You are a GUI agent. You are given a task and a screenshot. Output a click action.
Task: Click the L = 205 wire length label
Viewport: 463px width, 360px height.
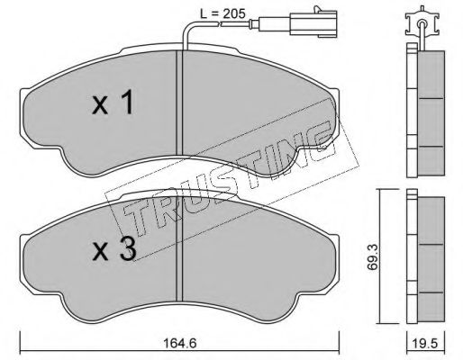[x=223, y=13]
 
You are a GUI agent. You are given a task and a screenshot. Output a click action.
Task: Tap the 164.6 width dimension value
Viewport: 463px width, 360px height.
[x=180, y=343]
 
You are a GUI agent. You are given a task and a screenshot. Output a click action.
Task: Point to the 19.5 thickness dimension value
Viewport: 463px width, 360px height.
[x=425, y=343]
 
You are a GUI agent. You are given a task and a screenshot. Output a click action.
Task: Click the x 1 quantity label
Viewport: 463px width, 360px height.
[x=113, y=103]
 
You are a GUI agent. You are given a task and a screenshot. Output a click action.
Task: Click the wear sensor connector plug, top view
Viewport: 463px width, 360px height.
[x=313, y=23]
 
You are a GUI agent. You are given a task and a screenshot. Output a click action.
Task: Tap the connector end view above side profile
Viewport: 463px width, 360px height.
[x=422, y=24]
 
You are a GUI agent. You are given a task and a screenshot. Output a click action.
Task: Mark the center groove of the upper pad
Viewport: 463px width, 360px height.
[x=179, y=103]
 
